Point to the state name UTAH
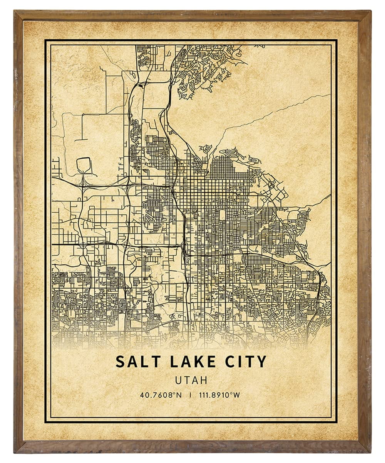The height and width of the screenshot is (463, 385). [191, 380]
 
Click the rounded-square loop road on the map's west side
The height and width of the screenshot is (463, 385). [84, 165]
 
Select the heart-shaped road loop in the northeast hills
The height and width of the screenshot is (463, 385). [239, 57]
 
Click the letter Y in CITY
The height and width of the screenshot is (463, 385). [261, 362]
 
